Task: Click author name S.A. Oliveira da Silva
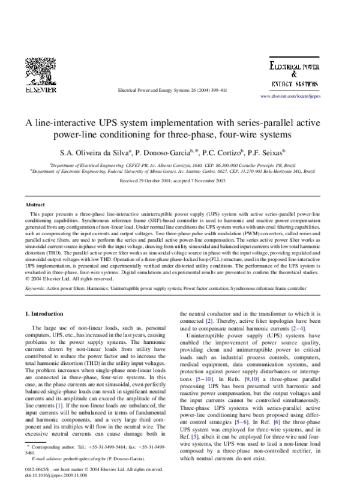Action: pos(110,153)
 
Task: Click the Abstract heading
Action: pos(34,205)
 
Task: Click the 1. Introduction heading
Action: pos(47,314)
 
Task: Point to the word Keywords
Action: pos(35,289)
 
